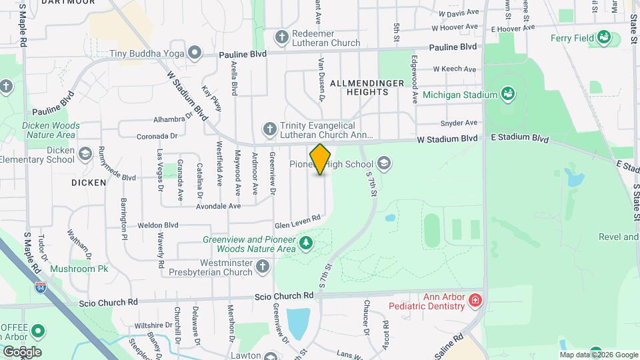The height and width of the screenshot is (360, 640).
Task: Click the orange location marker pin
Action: point(320,159)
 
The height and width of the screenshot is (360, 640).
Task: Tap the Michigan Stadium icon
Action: point(509,95)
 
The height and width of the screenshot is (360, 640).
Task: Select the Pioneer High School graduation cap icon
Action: point(383,163)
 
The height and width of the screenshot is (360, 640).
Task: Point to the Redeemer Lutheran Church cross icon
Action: point(282,37)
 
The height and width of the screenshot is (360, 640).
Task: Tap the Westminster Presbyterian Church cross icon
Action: point(263,267)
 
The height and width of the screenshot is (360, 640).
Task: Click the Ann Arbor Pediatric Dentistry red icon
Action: point(475,301)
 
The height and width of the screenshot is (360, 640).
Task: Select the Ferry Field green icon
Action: point(604,37)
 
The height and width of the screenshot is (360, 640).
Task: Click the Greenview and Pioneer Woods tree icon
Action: point(306,243)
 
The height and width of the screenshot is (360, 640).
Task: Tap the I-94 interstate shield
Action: point(41,288)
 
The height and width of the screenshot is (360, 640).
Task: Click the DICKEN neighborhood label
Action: point(89,182)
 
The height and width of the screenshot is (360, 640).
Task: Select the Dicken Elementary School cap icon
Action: point(85,155)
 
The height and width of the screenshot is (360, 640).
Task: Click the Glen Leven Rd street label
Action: point(298,218)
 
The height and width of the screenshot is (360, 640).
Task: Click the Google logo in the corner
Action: point(21,351)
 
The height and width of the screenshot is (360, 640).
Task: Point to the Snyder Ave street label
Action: point(459,123)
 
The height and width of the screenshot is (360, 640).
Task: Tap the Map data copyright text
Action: point(599,355)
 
